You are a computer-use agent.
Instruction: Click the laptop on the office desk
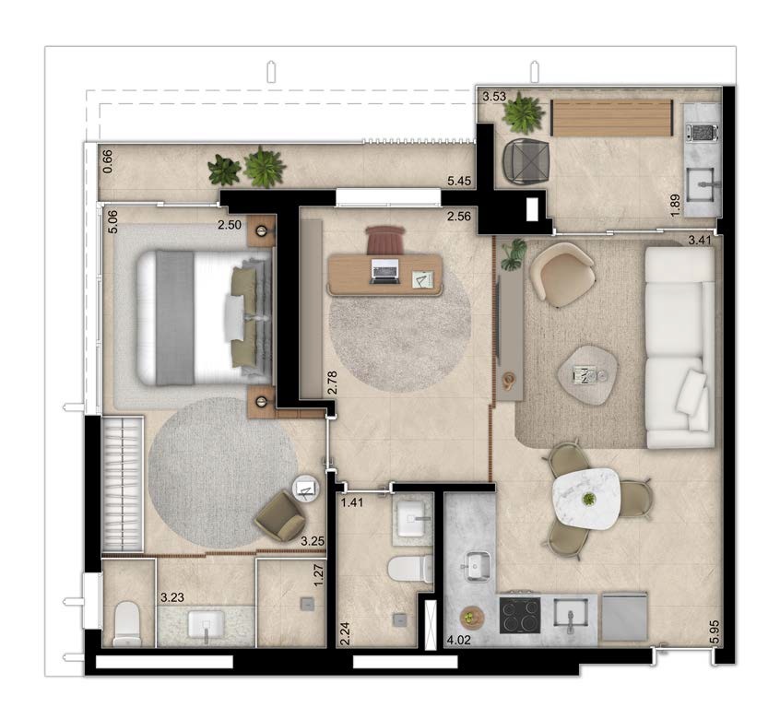pos(384,272)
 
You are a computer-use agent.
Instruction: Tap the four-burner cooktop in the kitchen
pos(520,615)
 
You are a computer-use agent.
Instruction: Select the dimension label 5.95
pos(715,632)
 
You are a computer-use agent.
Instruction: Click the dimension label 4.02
pos(458,640)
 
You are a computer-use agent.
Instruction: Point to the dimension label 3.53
pos(494,97)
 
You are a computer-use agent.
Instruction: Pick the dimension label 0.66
pos(108,161)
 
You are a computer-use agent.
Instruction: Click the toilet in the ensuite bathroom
pos(127,623)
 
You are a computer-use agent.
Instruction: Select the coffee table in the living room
pos(587,375)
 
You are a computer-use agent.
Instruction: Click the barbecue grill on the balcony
pos(702,132)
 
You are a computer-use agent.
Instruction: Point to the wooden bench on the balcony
pos(612,117)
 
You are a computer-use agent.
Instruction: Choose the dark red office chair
pos(384,240)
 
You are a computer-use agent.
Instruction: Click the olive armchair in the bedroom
pos(279,517)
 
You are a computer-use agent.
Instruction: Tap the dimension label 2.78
pos(333,383)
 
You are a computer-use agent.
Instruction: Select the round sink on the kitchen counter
pos(479,565)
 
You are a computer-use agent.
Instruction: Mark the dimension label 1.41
pos(351,502)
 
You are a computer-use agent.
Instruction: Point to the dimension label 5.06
pos(112,222)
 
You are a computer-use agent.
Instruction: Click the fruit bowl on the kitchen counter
pos(471,618)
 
